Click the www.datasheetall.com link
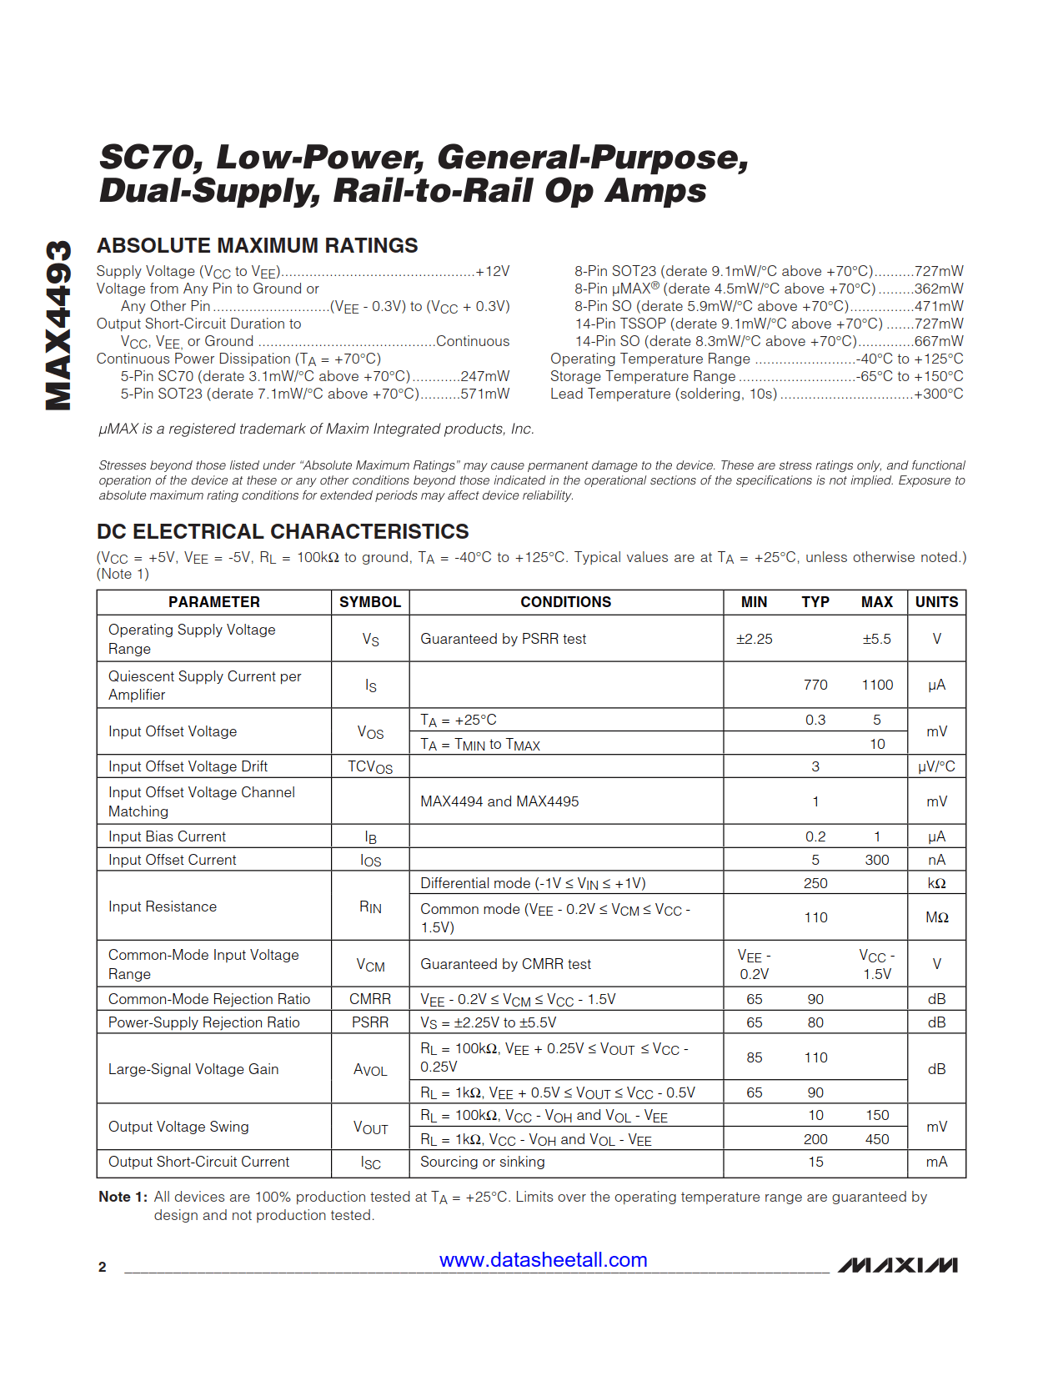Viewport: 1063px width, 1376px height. (x=543, y=1260)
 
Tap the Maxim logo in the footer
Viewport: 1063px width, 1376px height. (x=897, y=1265)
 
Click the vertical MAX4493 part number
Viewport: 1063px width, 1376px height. (x=58, y=325)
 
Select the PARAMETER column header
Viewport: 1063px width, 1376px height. (x=214, y=602)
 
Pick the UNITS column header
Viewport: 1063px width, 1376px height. (x=936, y=602)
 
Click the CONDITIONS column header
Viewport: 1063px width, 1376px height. (x=565, y=602)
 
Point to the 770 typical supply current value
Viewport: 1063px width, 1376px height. (x=815, y=685)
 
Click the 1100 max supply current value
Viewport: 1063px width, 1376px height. (x=877, y=685)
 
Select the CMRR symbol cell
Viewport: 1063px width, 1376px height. (x=370, y=999)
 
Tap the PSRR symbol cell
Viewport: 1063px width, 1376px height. (x=370, y=1022)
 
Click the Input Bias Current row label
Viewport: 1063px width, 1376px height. (x=167, y=836)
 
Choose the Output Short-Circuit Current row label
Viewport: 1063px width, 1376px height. (x=198, y=1162)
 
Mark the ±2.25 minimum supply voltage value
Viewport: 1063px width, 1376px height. (x=754, y=639)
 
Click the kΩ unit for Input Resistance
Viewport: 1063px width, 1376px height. (x=936, y=883)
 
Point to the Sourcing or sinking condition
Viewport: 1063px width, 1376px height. (x=482, y=1162)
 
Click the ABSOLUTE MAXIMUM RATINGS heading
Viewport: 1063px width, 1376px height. (x=257, y=246)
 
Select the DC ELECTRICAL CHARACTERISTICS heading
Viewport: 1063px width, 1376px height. (x=283, y=532)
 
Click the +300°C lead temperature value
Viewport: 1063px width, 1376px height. (x=939, y=394)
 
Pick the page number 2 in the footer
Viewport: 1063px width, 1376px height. (x=103, y=1267)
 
